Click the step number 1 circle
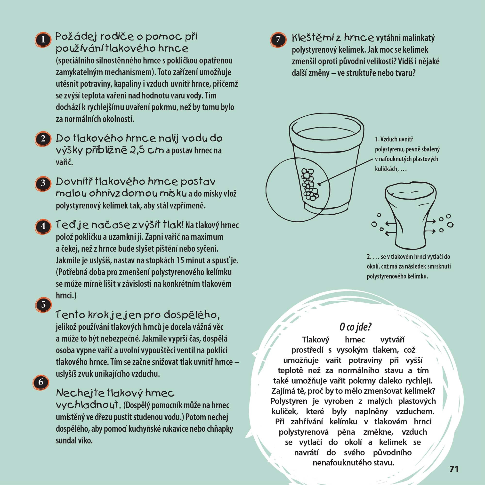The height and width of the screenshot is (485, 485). [43, 40]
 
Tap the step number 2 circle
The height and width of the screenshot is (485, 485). [43, 138]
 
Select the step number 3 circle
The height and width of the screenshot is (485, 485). [43, 183]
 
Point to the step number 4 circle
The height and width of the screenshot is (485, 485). [43, 226]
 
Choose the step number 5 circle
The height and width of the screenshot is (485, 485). [43, 305]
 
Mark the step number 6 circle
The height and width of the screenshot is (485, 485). [41, 382]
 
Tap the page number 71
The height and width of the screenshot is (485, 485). [454, 469]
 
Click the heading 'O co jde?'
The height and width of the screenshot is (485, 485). [355, 327]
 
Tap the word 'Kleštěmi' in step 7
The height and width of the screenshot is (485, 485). [313, 38]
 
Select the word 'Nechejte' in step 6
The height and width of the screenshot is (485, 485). [80, 393]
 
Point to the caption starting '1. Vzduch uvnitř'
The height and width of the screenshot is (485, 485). [407, 154]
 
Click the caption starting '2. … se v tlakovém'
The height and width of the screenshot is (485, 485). [409, 267]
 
